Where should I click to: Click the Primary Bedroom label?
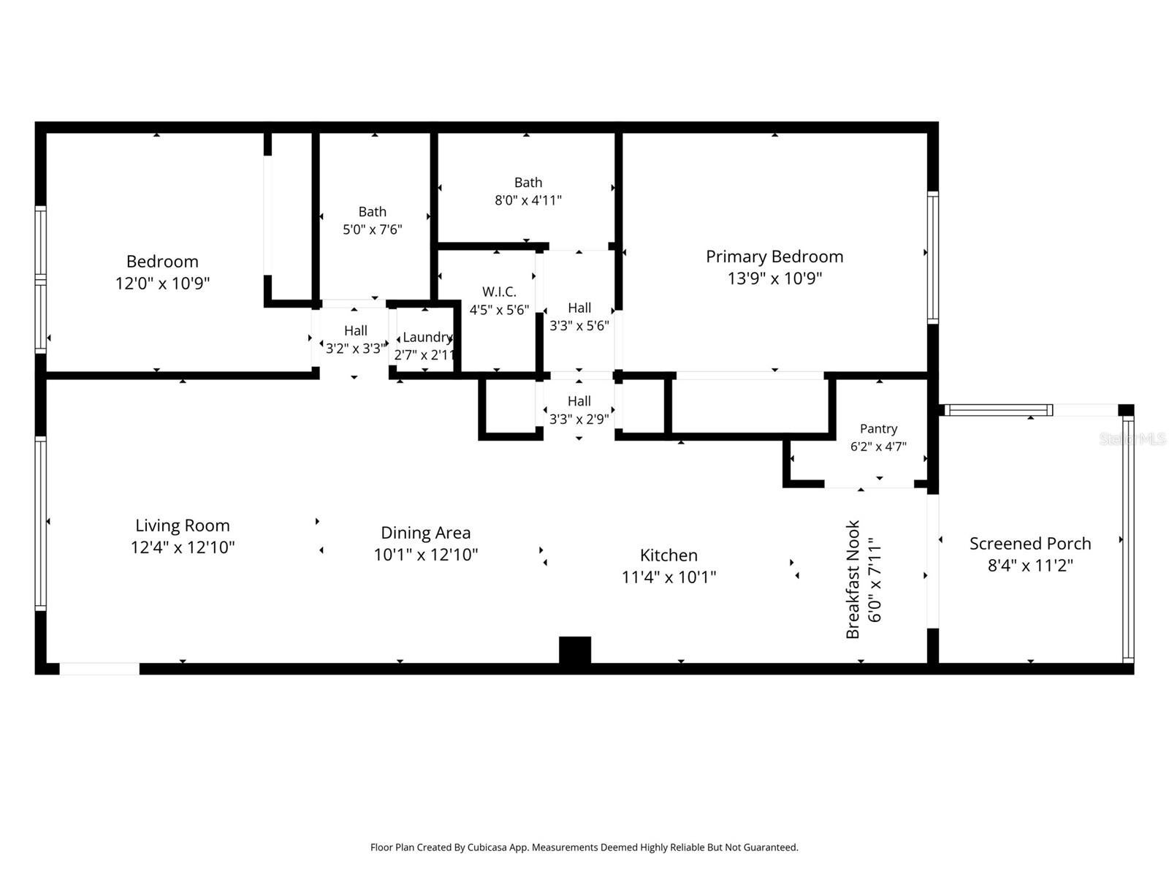coord(774,257)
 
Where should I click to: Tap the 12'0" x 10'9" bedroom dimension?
coord(162,283)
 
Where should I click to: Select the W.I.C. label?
coord(499,292)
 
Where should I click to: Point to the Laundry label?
coord(427,337)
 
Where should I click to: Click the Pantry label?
coord(878,429)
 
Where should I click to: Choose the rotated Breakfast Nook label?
coord(853,580)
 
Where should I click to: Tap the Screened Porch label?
coord(1029,544)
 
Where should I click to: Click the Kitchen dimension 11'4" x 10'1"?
coord(669,577)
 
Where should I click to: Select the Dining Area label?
coord(425,533)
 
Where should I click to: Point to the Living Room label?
coord(182,525)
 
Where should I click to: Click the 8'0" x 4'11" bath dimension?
coord(528,200)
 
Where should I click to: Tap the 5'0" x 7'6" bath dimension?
coord(373,229)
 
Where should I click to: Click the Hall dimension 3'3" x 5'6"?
coord(579,325)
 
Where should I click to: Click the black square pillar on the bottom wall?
coord(575,650)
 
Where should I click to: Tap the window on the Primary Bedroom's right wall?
coord(932,258)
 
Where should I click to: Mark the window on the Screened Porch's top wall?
coord(999,410)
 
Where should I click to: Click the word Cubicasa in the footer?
coord(487,848)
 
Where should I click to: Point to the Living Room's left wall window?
coord(40,523)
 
